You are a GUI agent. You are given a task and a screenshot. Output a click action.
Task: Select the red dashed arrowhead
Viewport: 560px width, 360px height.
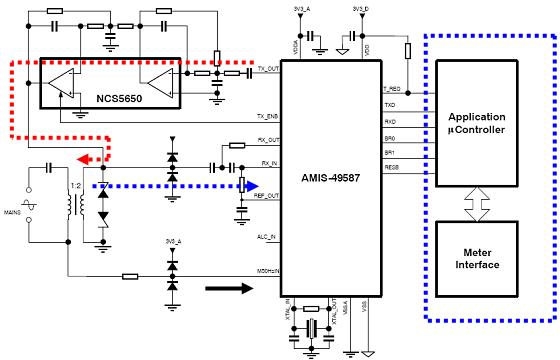coord(88,158)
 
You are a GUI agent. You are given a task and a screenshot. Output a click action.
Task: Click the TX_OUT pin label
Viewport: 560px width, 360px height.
coord(267,70)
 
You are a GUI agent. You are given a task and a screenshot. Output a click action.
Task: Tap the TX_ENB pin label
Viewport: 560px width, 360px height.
coord(267,116)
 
